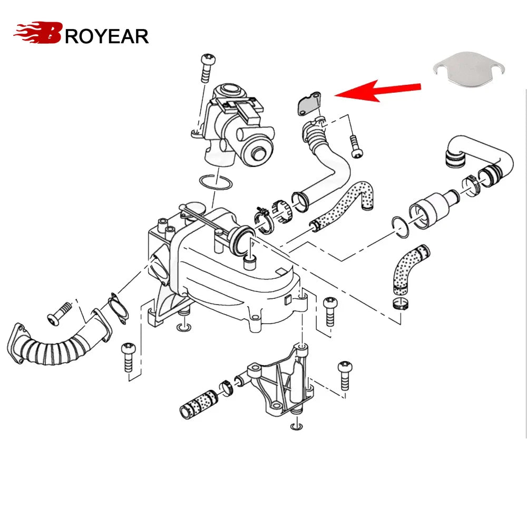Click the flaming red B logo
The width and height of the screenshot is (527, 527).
tap(38, 33)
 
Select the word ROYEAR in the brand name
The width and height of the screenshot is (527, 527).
tap(106, 36)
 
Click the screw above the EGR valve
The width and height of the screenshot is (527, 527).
tap(207, 68)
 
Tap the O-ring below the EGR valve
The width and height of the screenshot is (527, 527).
tap(216, 181)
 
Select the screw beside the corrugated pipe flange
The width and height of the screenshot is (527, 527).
tap(60, 313)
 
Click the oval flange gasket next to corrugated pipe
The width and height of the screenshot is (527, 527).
tap(118, 308)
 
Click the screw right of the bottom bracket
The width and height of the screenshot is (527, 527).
tap(345, 375)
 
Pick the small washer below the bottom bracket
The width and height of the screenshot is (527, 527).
tap(296, 426)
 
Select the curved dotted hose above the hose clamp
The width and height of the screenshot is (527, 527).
tap(410, 269)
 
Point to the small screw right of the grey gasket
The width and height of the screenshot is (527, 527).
tap(356, 146)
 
